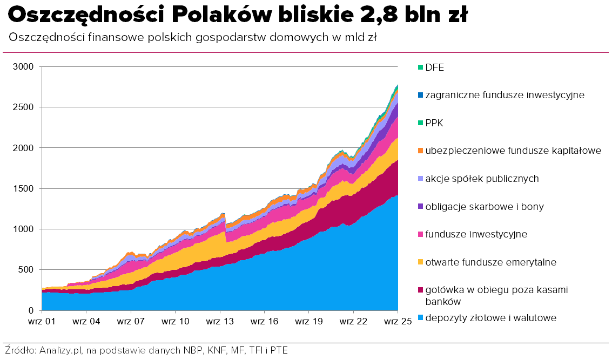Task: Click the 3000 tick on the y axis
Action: click(x=24, y=66)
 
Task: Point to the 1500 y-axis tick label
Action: click(x=24, y=188)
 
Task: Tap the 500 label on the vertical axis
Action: click(x=27, y=270)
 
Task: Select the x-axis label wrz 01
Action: click(x=42, y=321)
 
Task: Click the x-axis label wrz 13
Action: click(x=220, y=321)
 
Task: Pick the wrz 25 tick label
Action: click(x=398, y=321)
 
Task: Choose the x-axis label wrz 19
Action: click(x=309, y=321)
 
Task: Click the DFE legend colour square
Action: click(x=420, y=67)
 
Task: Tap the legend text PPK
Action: click(x=434, y=123)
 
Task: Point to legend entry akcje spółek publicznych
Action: click(x=482, y=179)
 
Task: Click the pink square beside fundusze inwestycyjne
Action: click(x=420, y=235)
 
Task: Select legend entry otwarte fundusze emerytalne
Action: click(x=490, y=262)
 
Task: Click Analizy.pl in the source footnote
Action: click(x=59, y=350)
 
